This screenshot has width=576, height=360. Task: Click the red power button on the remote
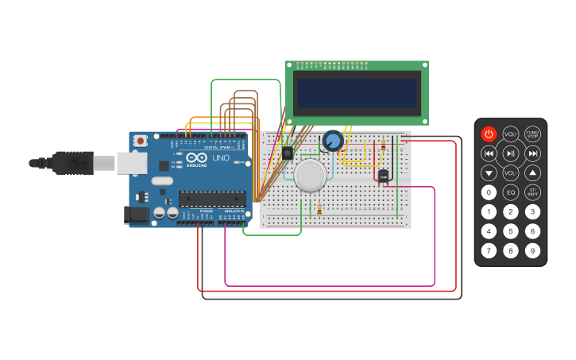point(489,134)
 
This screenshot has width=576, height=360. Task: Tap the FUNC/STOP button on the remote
point(532,134)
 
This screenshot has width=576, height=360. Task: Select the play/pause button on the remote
point(511,153)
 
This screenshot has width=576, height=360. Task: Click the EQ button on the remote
point(511,192)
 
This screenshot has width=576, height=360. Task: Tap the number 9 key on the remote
point(532,251)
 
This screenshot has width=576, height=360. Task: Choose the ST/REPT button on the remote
point(532,192)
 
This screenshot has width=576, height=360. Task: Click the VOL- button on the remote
point(511,172)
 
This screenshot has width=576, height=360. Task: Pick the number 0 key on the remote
point(489,192)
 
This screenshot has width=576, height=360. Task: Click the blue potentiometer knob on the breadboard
point(332,141)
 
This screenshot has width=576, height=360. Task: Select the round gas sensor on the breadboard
point(310,175)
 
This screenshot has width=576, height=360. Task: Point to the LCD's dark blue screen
point(357,93)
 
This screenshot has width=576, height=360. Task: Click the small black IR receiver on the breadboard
point(287,153)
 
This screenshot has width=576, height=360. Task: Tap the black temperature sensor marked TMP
point(383,176)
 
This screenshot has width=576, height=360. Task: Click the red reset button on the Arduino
point(141,141)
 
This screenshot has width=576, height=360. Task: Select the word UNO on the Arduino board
point(220,158)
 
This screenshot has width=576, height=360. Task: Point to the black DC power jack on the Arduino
point(137,215)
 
